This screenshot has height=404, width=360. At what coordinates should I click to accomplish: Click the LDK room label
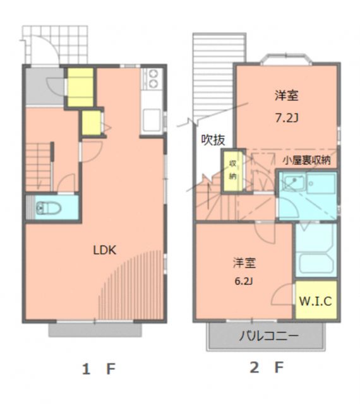105,249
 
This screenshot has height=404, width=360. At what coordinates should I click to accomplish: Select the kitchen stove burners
152,80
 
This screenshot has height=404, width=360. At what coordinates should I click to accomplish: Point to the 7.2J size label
286,117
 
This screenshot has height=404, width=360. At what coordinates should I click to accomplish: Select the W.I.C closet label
315,301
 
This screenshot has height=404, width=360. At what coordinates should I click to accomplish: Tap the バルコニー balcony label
268,336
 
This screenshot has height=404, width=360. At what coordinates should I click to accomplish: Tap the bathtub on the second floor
315,262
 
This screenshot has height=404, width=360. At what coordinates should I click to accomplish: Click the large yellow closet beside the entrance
80,86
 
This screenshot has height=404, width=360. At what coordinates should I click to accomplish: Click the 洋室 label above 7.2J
286,96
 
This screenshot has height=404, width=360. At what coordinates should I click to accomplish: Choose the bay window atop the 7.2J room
285,59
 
